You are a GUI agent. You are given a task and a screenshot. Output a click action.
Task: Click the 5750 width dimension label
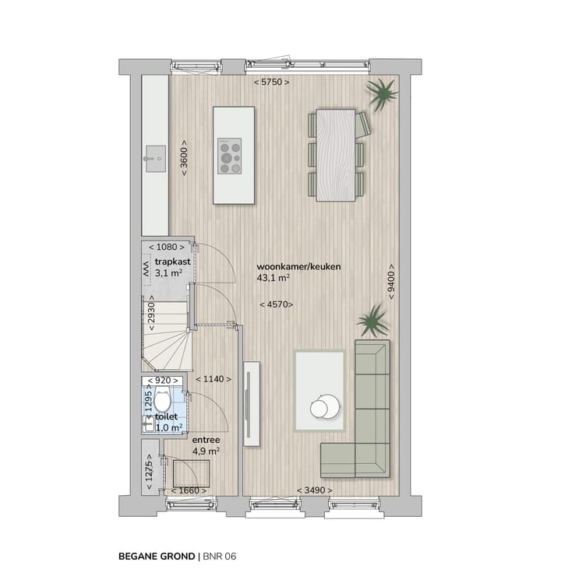(272, 83)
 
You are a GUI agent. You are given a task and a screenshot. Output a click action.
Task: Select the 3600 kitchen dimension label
(184, 158)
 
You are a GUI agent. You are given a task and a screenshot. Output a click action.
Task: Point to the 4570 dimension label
(277, 304)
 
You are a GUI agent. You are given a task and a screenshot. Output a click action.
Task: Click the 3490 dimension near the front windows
(313, 490)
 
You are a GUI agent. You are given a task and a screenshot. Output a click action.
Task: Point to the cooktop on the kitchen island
(229, 155)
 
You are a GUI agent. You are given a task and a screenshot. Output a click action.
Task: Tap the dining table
(335, 154)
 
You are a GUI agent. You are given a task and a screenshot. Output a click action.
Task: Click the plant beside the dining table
(382, 95)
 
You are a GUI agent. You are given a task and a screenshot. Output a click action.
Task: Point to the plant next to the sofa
(372, 319)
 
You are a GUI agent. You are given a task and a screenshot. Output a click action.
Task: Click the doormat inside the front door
(191, 472)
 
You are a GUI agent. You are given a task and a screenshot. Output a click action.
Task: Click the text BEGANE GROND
(157, 556)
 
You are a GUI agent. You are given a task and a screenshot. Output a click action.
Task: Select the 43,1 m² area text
(273, 277)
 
